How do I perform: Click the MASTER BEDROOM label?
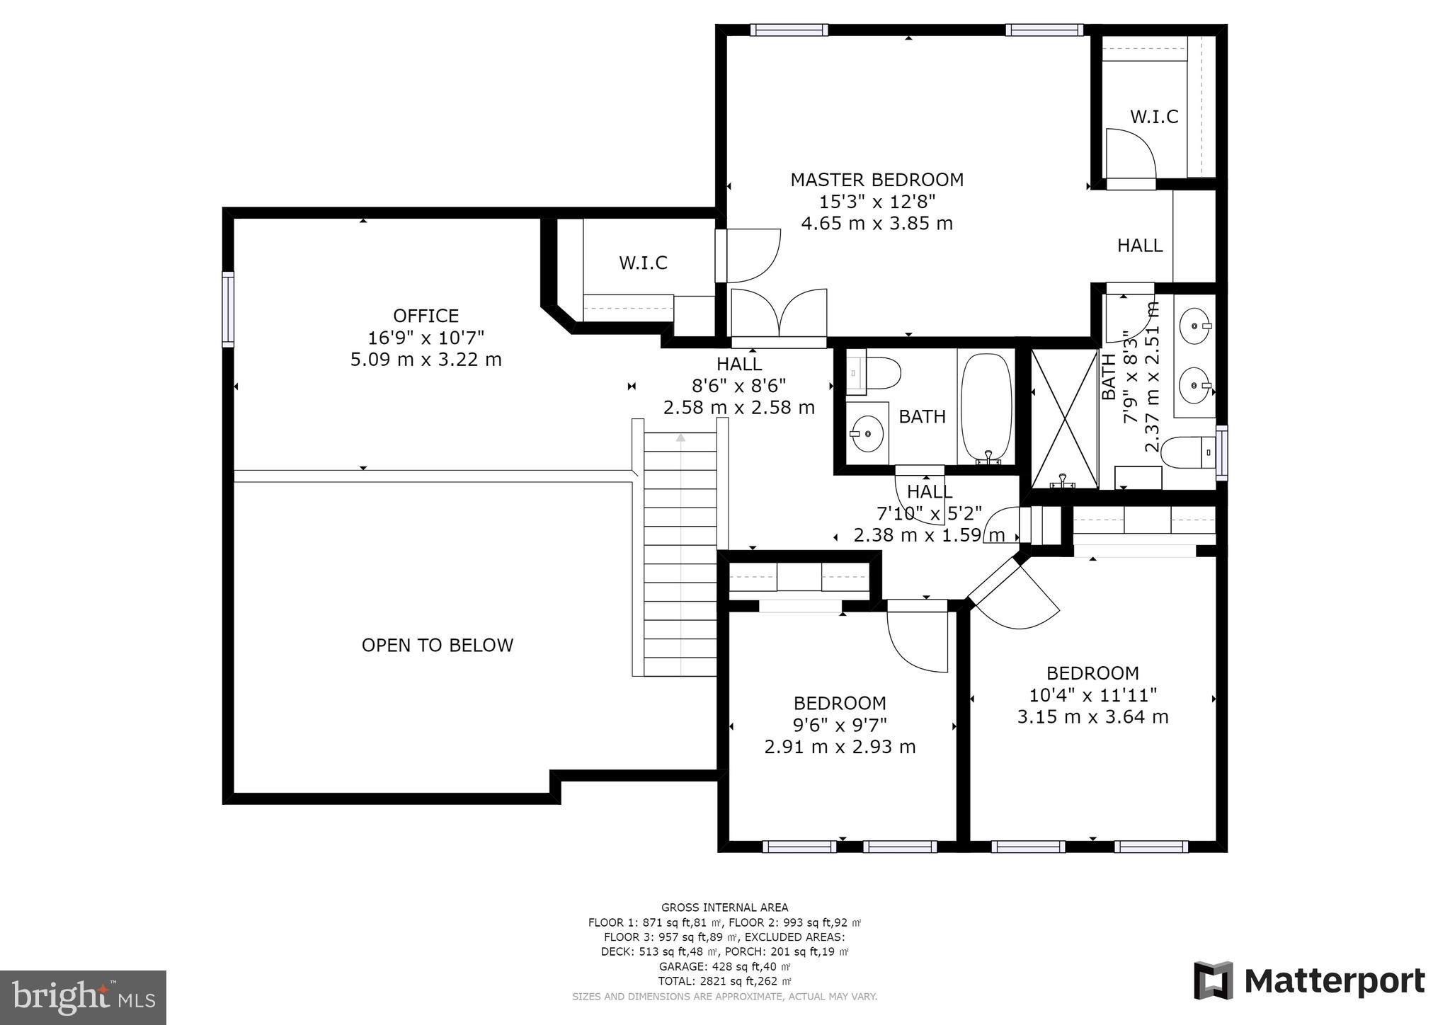click(877, 180)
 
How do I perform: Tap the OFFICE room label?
click(426, 316)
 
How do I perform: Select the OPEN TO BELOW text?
click(437, 645)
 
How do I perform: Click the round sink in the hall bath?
click(867, 433)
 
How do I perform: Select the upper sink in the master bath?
click(1196, 326)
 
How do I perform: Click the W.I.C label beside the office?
click(643, 263)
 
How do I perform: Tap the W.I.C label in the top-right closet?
click(1153, 117)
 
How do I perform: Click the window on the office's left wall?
click(228, 309)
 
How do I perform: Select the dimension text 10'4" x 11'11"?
click(1092, 695)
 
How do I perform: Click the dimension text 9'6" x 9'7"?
click(840, 726)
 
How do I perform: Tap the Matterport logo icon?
click(1213, 980)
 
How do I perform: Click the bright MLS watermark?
click(83, 997)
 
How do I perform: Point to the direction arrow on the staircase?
click(680, 438)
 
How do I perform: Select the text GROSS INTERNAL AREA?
click(724, 907)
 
